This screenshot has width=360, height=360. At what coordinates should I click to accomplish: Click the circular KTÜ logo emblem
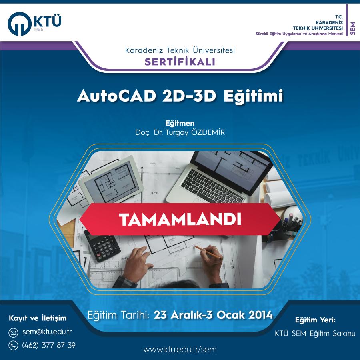click(x=19, y=24)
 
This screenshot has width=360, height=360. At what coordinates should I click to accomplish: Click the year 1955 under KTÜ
click(x=38, y=30)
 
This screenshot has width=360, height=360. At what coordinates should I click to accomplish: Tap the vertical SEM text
click(x=353, y=28)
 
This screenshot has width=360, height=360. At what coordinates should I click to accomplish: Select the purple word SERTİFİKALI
click(x=180, y=62)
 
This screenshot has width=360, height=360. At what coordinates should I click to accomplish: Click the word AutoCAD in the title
click(x=117, y=96)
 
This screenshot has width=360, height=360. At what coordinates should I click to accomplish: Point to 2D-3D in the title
click(x=189, y=96)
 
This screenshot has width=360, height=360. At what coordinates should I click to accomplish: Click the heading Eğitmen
click(x=180, y=123)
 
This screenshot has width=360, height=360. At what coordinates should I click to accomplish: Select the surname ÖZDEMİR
click(x=208, y=132)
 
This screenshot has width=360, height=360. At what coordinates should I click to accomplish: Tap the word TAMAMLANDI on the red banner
click(x=180, y=220)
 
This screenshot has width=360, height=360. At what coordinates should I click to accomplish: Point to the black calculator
click(x=102, y=246)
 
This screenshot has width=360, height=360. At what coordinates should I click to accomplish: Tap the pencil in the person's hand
click(x=208, y=252)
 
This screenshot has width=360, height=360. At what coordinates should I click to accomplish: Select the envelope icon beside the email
click(x=13, y=332)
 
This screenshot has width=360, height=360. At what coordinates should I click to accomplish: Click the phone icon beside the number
click(x=13, y=345)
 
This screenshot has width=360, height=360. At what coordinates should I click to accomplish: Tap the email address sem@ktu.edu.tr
click(x=47, y=332)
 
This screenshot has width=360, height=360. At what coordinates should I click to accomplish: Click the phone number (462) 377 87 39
click(x=49, y=345)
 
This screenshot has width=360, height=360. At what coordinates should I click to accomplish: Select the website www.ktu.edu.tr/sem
click(x=180, y=350)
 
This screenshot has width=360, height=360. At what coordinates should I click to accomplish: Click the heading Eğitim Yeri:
click(x=315, y=320)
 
